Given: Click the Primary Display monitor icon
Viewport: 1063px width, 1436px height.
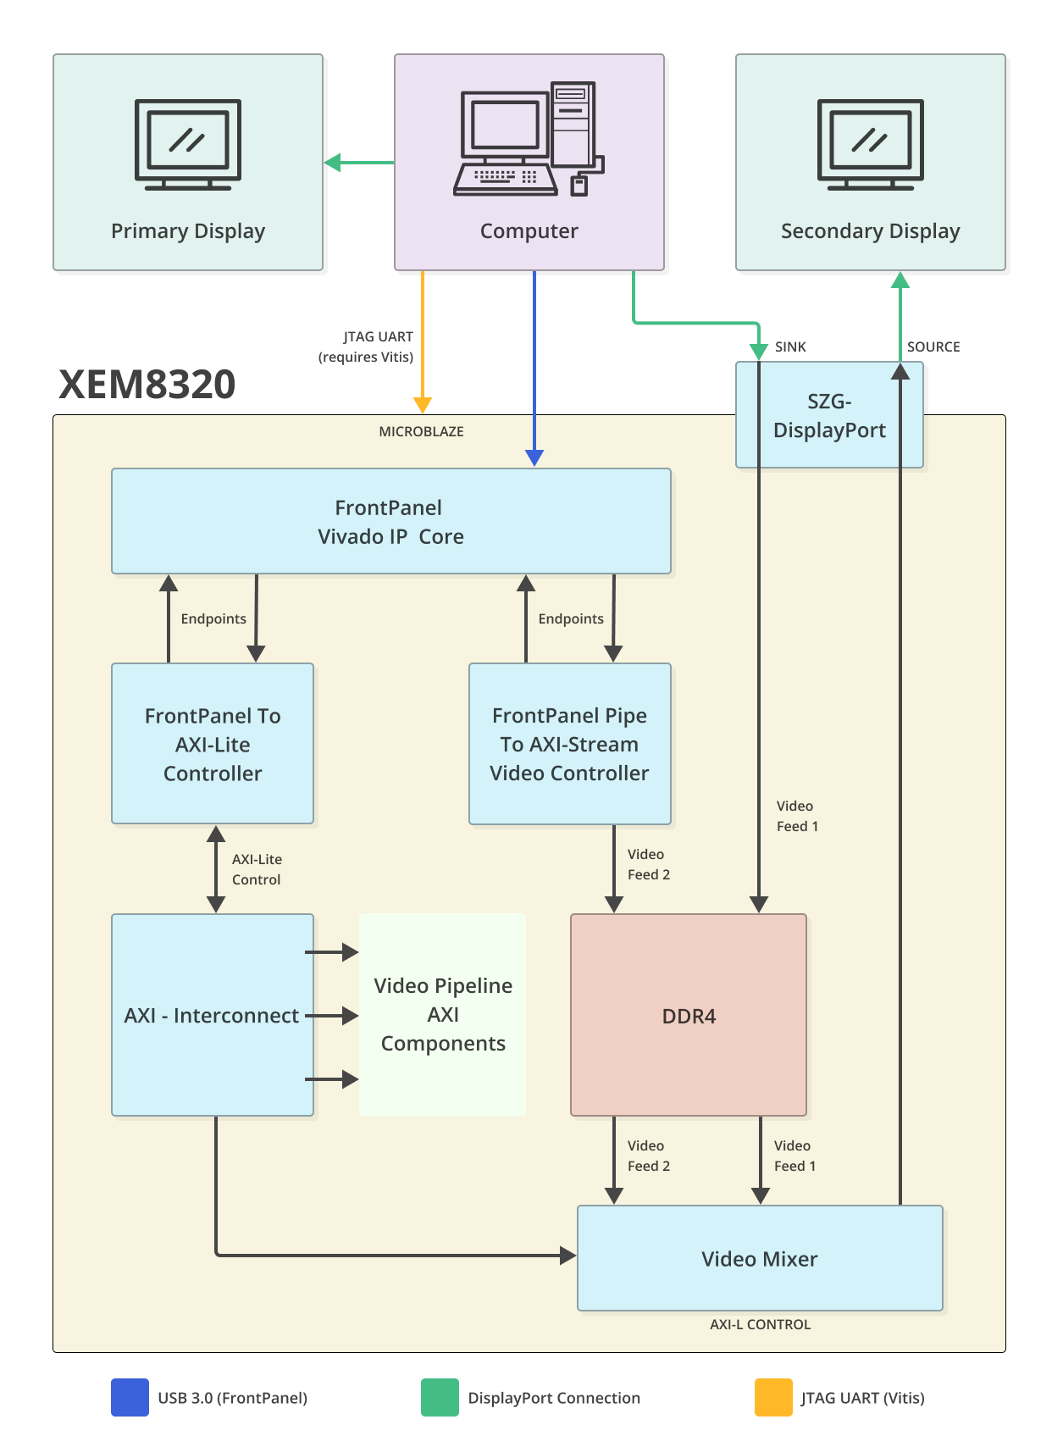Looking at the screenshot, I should tap(188, 144).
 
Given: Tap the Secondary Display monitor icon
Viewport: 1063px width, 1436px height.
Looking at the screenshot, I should tap(870, 144).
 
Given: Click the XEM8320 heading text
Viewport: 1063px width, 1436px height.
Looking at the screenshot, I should tap(147, 385).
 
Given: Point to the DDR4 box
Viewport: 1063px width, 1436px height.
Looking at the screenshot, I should tap(688, 1015).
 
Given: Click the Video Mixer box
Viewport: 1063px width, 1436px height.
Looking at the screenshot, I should tap(759, 1258).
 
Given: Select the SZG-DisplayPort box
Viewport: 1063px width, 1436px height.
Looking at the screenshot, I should tap(828, 415).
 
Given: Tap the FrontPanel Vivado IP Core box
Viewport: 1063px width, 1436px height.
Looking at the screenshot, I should tap(390, 521).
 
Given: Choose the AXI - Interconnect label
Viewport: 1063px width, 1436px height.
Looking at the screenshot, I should tap(211, 1015).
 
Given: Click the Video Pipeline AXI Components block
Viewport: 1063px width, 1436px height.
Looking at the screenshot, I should tap(442, 1014).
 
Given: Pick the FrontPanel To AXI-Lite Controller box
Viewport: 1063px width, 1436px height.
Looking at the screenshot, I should tap(212, 744).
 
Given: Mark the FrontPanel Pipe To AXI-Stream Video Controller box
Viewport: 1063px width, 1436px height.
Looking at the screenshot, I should tap(569, 744).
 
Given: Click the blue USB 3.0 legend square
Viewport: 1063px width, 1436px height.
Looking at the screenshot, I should tap(130, 1397).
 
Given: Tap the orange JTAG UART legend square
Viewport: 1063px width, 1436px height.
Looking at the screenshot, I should tap(772, 1397).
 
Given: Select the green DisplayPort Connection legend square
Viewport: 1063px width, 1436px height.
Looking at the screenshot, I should tap(440, 1397).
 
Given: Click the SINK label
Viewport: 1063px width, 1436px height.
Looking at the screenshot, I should tap(790, 347).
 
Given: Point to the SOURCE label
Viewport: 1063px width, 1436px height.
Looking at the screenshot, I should tap(933, 347).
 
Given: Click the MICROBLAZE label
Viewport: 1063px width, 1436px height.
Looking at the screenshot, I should tap(421, 431).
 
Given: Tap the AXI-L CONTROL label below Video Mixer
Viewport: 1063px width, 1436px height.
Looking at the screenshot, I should tap(760, 1324).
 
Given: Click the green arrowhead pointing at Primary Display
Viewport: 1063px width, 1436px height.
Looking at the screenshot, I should tap(333, 162).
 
